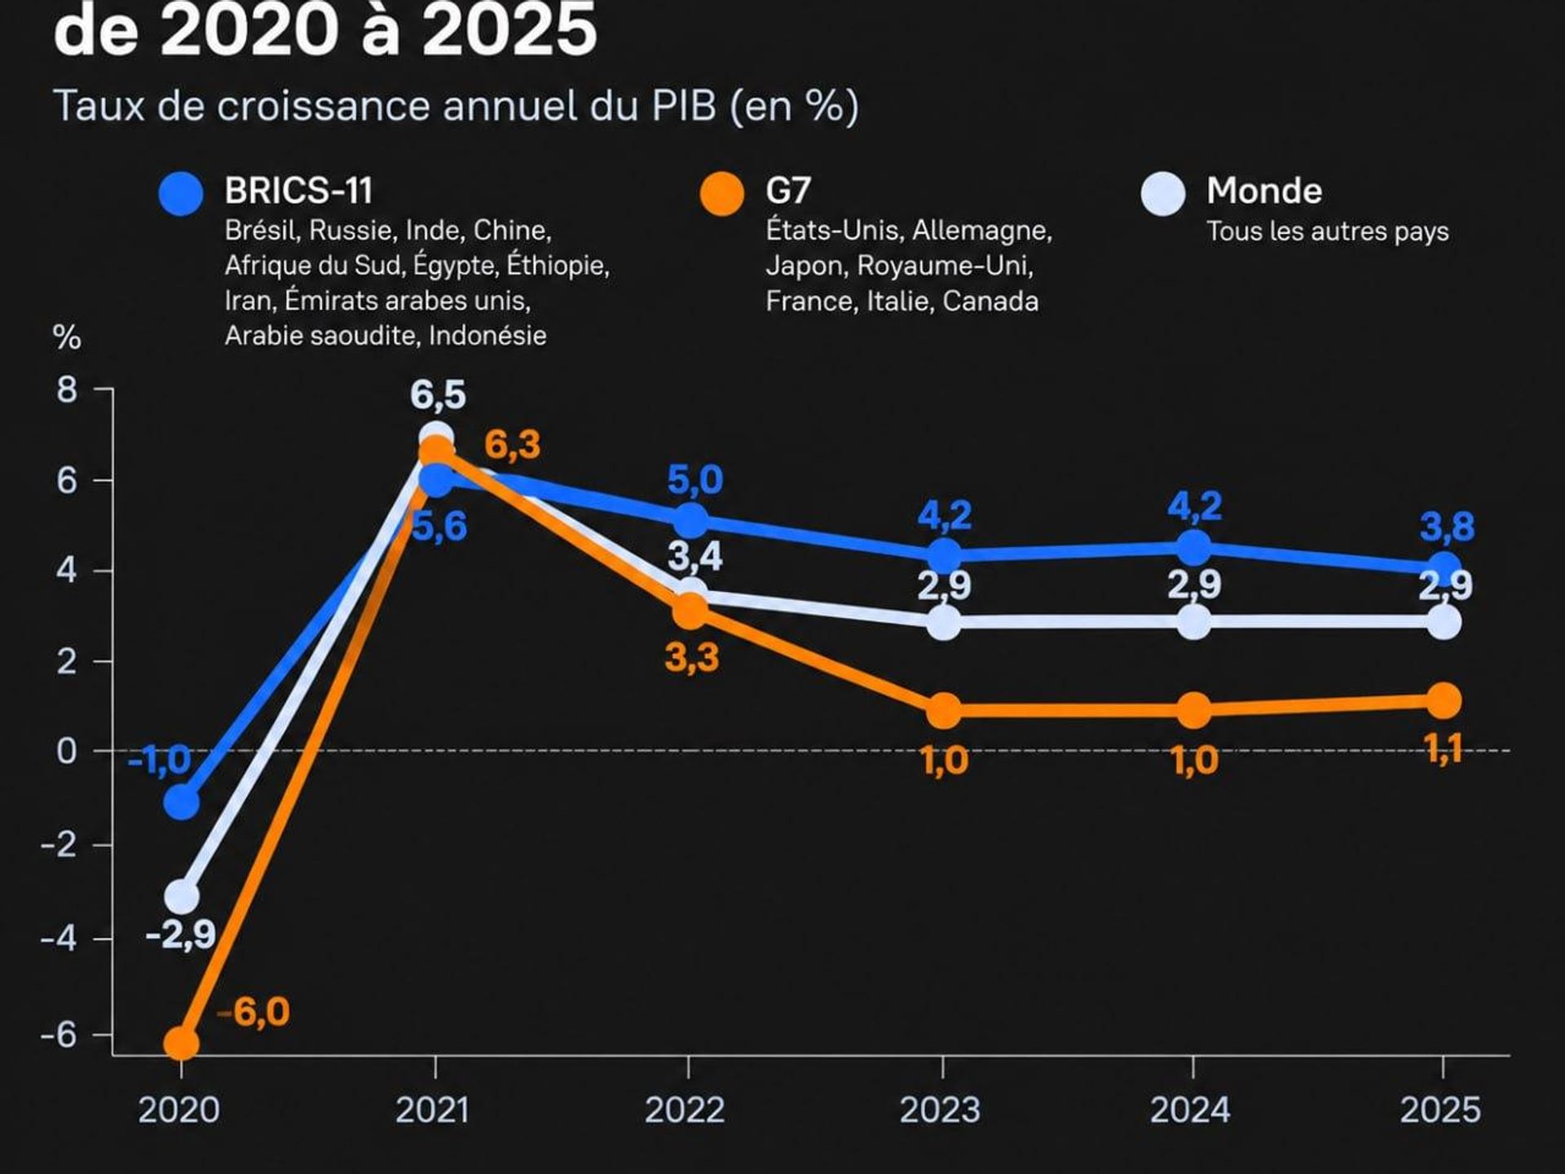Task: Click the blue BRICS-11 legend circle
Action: [x=181, y=194]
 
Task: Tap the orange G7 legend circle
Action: [x=721, y=194]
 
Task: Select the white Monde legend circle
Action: [x=1163, y=194]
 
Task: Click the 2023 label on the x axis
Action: [x=940, y=1110]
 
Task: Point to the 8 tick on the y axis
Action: [x=67, y=390]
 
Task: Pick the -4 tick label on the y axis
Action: [x=60, y=939]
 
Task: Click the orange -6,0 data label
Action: [x=253, y=1012]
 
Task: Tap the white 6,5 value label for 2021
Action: [x=438, y=395]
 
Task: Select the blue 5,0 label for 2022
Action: [x=695, y=480]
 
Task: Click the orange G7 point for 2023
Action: [x=945, y=711]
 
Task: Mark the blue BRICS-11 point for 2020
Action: [x=182, y=802]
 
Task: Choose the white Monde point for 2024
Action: [x=1194, y=623]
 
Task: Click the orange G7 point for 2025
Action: [x=1444, y=701]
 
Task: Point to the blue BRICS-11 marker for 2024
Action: [x=1194, y=548]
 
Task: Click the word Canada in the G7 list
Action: [x=990, y=302]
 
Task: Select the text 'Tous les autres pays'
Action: [x=1328, y=232]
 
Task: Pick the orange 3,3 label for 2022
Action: [x=692, y=657]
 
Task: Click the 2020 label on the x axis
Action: [x=179, y=1110]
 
